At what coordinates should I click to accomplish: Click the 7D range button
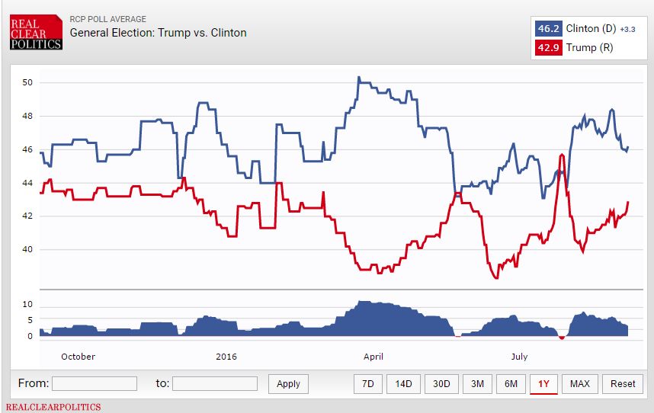click(x=368, y=383)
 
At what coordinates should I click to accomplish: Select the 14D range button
click(x=403, y=383)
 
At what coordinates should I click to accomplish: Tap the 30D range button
click(x=441, y=383)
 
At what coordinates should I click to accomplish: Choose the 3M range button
click(x=477, y=383)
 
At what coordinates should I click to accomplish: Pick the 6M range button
click(x=511, y=383)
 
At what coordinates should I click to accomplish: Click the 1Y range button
click(x=543, y=383)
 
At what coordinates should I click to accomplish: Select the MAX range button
click(x=579, y=383)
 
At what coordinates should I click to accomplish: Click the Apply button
click(x=288, y=383)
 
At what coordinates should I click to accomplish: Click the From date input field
click(x=95, y=383)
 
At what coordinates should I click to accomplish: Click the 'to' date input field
click(x=215, y=383)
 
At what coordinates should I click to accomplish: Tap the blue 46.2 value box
click(x=549, y=29)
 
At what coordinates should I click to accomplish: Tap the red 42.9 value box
click(x=549, y=47)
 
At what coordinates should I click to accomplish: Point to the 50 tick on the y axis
click(x=27, y=82)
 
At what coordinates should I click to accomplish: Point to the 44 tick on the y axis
click(x=27, y=183)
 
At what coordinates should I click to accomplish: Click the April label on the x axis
click(x=373, y=356)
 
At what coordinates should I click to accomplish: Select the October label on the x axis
click(x=78, y=356)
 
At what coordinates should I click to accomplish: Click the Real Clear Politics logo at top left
click(x=36, y=34)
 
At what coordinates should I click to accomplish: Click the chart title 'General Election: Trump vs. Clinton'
click(x=158, y=33)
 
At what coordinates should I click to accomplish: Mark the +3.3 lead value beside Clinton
click(x=627, y=30)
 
